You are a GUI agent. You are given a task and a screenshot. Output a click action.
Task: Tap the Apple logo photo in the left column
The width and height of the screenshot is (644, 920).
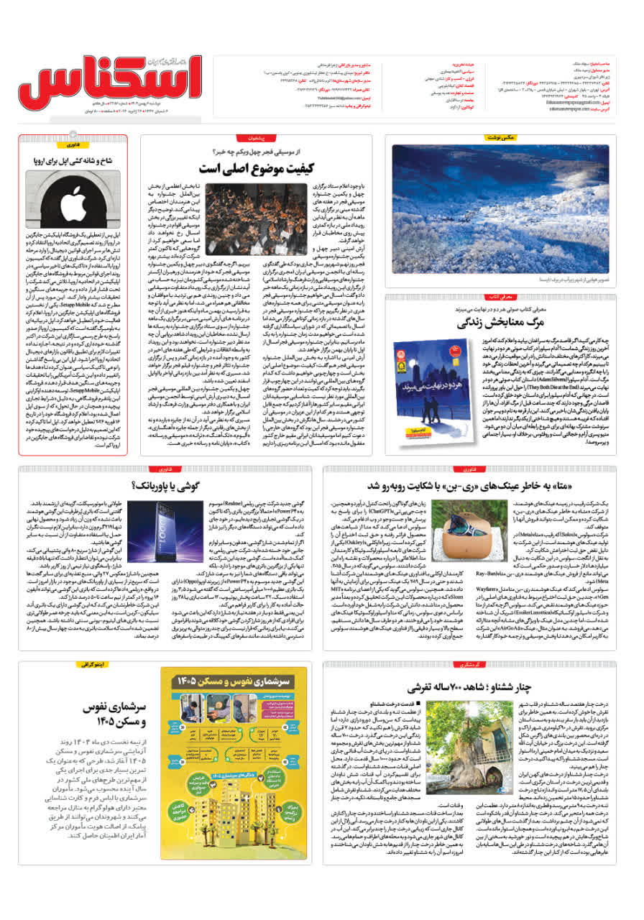tap(73, 199)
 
